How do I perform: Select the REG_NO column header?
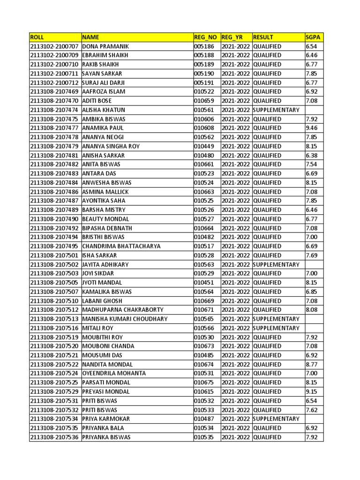point(205,37)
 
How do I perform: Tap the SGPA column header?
point(312,37)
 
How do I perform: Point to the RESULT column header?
point(263,37)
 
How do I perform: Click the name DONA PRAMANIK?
point(105,46)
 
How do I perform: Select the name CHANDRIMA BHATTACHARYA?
point(121,246)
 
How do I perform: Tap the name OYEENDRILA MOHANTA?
point(114,373)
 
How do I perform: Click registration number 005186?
point(204,46)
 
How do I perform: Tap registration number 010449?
point(204,146)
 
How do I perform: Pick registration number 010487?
point(204,419)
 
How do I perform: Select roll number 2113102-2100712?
point(54,82)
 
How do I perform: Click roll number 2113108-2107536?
point(54,437)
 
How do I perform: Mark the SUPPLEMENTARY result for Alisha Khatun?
point(276,110)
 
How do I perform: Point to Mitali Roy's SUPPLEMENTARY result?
point(276,328)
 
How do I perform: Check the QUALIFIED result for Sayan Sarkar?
point(267,74)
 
